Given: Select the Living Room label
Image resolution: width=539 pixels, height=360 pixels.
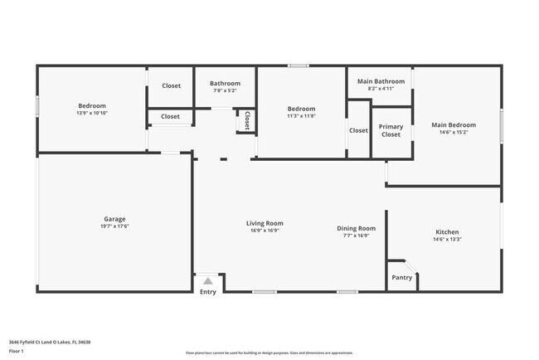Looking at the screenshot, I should (x=265, y=222).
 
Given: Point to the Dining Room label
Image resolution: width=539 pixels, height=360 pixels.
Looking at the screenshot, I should (x=356, y=228).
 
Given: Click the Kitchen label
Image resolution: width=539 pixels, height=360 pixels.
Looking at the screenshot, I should (x=447, y=231).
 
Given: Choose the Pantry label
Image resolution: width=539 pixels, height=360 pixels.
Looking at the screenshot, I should (x=401, y=278).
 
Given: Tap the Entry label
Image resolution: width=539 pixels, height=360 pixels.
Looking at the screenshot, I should (x=208, y=291).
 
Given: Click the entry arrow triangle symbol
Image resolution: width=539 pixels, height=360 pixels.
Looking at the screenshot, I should (x=208, y=280).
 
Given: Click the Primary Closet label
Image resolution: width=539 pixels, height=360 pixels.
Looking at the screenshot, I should (x=391, y=130).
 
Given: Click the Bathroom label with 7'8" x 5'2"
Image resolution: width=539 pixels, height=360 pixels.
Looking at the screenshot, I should (x=225, y=83).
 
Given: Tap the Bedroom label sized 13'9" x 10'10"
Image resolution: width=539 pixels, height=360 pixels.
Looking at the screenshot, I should (x=92, y=105).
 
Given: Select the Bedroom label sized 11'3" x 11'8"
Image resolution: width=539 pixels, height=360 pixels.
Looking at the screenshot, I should (x=301, y=109).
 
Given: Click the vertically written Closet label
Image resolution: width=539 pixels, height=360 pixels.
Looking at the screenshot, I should (x=246, y=120).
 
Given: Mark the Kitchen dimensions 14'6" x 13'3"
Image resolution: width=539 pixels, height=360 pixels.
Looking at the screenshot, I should (x=447, y=239).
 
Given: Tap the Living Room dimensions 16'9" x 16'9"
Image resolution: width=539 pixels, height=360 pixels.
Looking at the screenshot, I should (x=265, y=230).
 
